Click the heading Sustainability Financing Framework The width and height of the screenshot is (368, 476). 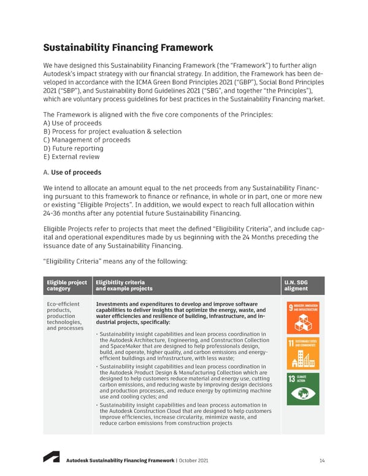[128, 47]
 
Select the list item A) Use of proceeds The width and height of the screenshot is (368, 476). [72, 123]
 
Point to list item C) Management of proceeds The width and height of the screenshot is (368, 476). [86, 139]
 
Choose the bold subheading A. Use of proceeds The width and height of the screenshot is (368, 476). [72, 172]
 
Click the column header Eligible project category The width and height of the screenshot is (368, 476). [66, 285]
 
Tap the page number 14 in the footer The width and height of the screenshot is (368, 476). [322, 461]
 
